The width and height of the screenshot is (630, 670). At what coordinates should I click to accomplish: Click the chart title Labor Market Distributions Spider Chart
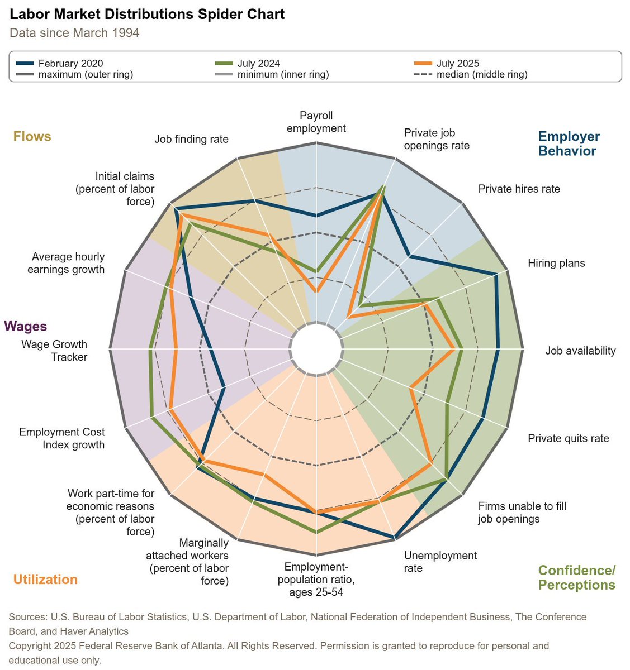[147, 15]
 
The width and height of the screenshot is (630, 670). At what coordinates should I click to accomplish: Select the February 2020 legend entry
[70, 64]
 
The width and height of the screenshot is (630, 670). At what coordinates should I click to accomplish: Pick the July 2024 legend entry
[258, 64]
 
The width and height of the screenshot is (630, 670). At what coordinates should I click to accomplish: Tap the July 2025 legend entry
[457, 64]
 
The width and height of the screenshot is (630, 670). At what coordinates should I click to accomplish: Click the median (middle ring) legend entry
[481, 74]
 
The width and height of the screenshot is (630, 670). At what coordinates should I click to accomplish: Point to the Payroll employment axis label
[316, 122]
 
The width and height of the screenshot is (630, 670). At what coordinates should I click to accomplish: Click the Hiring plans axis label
[556, 263]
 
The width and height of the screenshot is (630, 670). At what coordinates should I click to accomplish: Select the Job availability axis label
[580, 351]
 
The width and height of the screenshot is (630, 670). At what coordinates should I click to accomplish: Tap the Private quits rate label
[568, 438]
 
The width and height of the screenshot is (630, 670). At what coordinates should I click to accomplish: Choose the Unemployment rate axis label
[440, 562]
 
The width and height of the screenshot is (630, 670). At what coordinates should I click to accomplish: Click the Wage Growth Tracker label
[54, 351]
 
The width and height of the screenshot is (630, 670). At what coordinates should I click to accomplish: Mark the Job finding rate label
[191, 139]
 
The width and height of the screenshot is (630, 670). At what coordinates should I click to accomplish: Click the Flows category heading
[32, 137]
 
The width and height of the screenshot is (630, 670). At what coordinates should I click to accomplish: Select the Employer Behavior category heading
[569, 143]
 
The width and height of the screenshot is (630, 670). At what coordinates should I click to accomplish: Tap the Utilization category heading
[45, 580]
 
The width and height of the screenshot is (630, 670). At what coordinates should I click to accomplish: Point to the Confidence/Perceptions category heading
[576, 577]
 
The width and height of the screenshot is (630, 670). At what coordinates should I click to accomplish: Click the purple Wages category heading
[26, 327]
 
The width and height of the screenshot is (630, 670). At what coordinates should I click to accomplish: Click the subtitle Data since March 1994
[74, 33]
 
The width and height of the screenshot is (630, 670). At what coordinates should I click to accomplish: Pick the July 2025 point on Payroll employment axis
[316, 291]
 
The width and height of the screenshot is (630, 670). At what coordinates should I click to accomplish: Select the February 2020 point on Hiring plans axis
[496, 275]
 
